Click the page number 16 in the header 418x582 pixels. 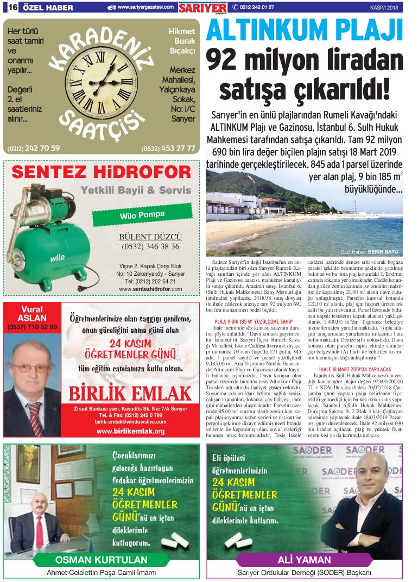pyautogui.click(x=11, y=7)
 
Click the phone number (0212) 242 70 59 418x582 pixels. pyautogui.click(x=34, y=148)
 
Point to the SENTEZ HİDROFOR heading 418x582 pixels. pyautogui.click(x=101, y=173)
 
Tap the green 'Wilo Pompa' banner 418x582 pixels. pyautogui.click(x=142, y=215)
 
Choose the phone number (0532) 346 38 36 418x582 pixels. pyautogui.click(x=150, y=246)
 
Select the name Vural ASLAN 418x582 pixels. pyautogui.click(x=32, y=313)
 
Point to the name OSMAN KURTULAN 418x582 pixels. pyautogui.click(x=101, y=560)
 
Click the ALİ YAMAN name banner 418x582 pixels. pyautogui.click(x=304, y=560)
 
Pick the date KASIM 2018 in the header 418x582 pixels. pyautogui.click(x=384, y=7)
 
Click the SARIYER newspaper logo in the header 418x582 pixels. pyautogui.click(x=203, y=7)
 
